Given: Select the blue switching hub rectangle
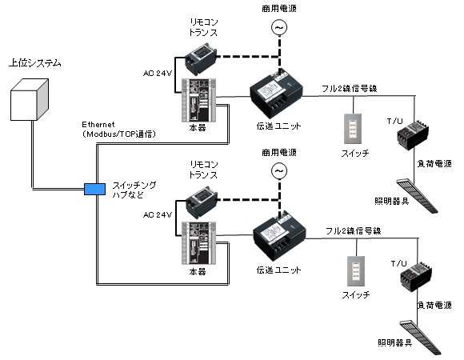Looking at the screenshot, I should click(x=94, y=189).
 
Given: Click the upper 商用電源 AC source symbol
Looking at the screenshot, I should click(x=279, y=28).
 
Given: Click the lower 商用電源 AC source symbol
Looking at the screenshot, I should click(x=279, y=170).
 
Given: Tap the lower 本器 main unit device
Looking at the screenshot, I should click(x=198, y=242).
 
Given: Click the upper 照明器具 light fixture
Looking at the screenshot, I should click(x=419, y=194).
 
